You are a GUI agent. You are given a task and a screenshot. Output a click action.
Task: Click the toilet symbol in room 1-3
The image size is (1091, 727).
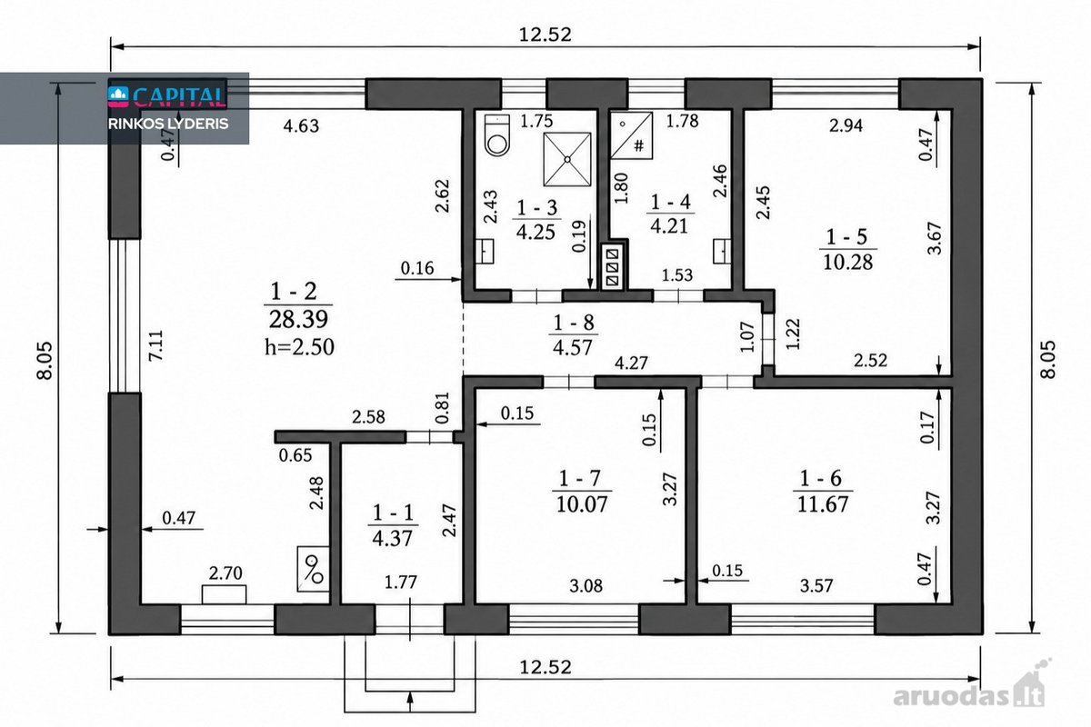click(x=497, y=134)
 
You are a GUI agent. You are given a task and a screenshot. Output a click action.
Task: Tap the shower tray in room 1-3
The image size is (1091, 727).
click(x=567, y=159)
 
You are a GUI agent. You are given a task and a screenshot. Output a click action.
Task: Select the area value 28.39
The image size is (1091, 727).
click(x=298, y=320)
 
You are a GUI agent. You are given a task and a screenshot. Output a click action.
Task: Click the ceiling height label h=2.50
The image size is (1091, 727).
click(x=299, y=347)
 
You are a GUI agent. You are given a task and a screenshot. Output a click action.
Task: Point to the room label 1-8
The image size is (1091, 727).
click(x=574, y=323)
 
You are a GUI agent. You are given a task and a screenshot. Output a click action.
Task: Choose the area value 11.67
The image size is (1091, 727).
click(x=823, y=504)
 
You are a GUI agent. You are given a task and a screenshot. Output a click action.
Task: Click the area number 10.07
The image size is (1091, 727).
click(x=582, y=504)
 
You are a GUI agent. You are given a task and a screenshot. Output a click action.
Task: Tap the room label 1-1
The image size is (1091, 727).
click(x=393, y=513)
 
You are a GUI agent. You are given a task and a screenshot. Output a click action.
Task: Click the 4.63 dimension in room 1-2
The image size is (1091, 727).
click(x=301, y=125)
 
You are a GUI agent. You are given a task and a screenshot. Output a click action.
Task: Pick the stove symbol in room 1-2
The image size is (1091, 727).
click(x=313, y=569)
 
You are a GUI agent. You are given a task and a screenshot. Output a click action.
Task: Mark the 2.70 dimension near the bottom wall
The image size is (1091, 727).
click(x=225, y=573)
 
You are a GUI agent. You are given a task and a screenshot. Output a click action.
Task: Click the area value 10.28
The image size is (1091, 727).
click(x=848, y=263)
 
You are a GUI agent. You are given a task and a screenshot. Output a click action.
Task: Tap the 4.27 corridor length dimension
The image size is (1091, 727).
click(x=631, y=363)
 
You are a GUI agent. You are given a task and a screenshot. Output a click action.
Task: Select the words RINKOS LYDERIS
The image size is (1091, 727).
click(x=168, y=124)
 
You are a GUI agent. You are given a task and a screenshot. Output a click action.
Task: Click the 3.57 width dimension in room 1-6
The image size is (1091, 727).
click(x=816, y=585)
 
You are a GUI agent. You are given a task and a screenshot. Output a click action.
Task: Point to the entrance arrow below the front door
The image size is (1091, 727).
click(x=410, y=702)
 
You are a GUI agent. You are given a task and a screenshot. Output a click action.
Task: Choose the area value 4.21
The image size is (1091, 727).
click(x=670, y=226)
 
